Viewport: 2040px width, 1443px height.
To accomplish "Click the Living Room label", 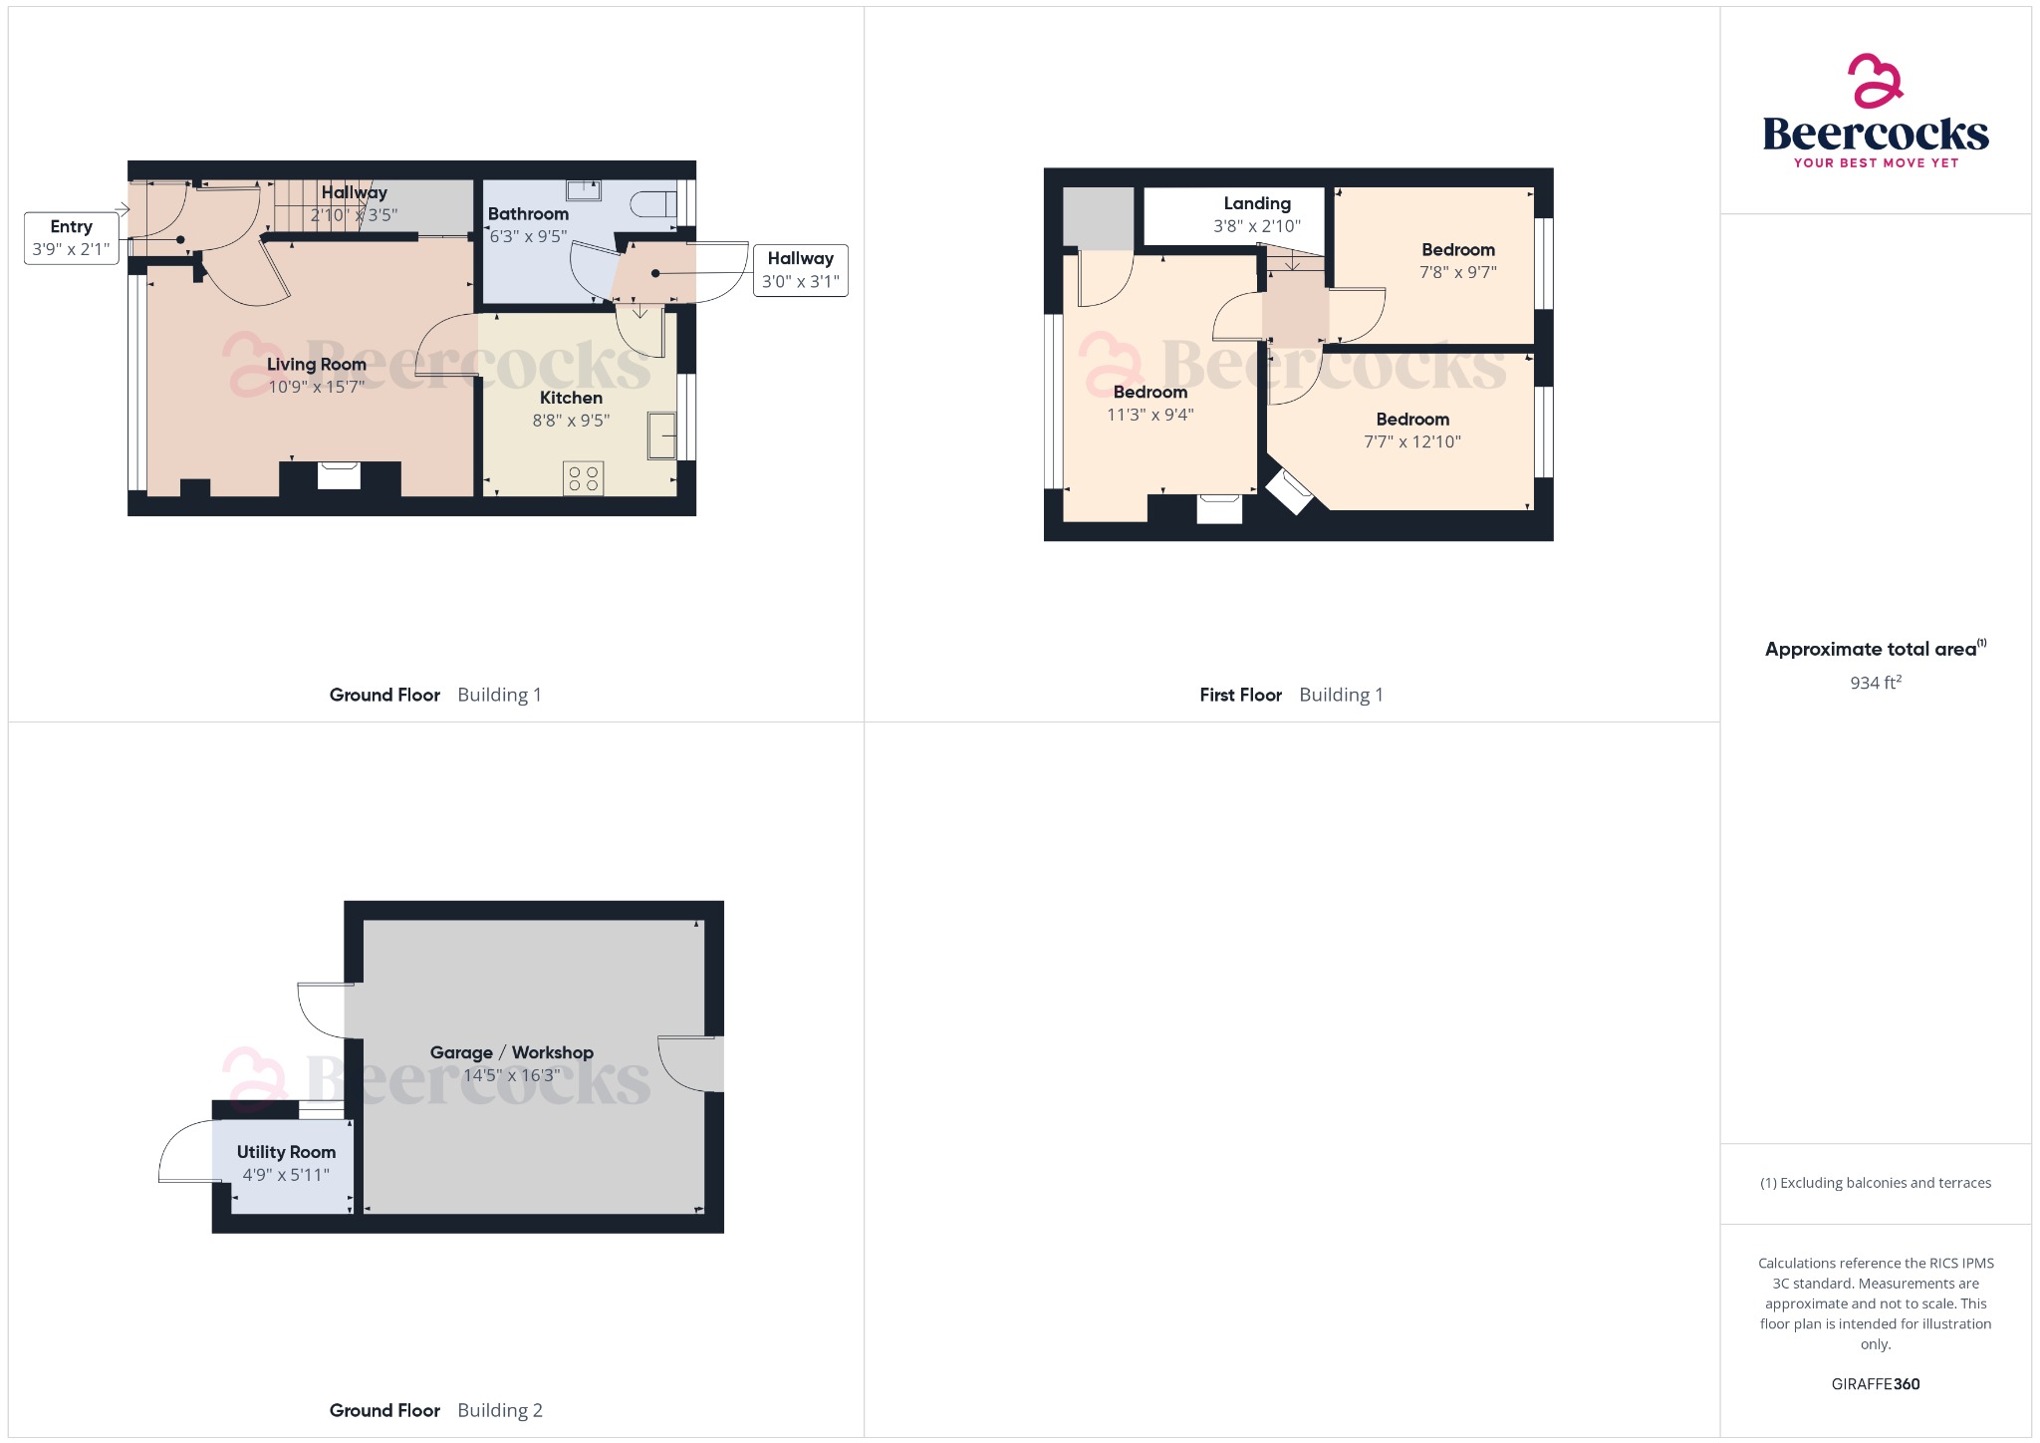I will [316, 365].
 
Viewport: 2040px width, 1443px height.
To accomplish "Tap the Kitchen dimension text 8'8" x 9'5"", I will [571, 421].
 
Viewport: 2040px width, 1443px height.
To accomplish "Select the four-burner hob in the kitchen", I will [583, 478].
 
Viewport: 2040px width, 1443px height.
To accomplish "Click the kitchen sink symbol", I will [661, 435].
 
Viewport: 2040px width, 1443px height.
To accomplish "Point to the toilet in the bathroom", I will [653, 204].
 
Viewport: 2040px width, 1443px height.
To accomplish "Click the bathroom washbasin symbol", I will [584, 189].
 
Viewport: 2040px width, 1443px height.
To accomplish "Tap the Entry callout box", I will [71, 238].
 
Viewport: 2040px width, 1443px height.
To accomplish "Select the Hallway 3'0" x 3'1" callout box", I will [800, 270].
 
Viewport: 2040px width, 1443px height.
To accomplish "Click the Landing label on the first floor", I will [1257, 203].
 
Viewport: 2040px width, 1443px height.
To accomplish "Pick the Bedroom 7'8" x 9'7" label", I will [1458, 250].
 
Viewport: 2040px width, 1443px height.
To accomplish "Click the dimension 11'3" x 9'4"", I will [1149, 415].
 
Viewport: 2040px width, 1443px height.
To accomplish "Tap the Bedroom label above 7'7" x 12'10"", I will [1412, 420].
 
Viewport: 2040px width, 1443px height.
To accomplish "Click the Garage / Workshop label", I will [511, 1052].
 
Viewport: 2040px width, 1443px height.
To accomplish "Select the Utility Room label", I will [286, 1152].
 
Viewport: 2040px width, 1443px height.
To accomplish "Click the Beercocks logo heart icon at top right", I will [1875, 81].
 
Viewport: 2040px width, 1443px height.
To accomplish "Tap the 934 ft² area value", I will [1876, 683].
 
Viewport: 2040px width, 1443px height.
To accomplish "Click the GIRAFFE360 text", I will [1876, 1383].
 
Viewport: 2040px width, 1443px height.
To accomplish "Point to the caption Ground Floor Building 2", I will [435, 1410].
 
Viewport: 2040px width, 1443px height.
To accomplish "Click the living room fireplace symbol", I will [339, 475].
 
